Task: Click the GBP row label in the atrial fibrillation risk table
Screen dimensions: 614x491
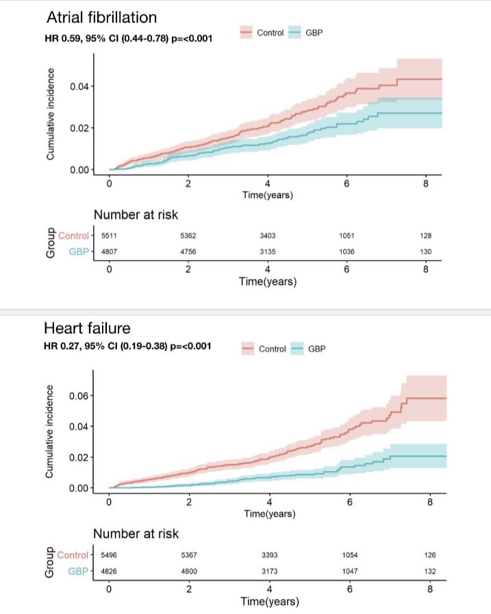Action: coord(77,251)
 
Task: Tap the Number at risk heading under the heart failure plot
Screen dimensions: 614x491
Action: coord(136,534)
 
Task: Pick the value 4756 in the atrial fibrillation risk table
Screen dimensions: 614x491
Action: coord(188,251)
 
